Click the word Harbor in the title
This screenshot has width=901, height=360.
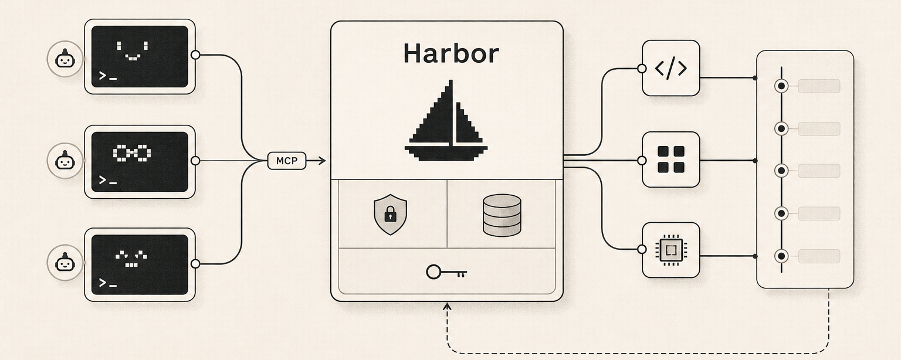(x=451, y=53)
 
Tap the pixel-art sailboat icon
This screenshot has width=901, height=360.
(x=446, y=120)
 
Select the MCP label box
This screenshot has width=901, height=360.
(x=287, y=161)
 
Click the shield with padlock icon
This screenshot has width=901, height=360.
(x=390, y=215)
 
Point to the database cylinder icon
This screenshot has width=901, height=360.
(x=502, y=215)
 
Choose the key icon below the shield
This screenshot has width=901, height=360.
(x=446, y=272)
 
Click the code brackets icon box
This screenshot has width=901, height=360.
(x=671, y=68)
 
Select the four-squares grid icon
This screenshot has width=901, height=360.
(x=671, y=159)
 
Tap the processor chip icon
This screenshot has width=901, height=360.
(x=671, y=250)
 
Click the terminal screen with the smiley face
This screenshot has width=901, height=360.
(x=140, y=57)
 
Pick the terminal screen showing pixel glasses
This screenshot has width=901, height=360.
(x=140, y=162)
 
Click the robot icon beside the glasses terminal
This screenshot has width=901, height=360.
(x=65, y=161)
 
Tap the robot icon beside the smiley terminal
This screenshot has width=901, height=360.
(x=65, y=59)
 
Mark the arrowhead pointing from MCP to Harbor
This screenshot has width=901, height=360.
(x=321, y=161)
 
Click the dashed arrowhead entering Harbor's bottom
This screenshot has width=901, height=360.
(x=447, y=307)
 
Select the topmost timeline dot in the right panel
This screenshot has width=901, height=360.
(x=781, y=86)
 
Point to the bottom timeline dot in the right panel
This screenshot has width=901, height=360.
(x=781, y=256)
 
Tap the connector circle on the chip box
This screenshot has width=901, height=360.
(x=642, y=249)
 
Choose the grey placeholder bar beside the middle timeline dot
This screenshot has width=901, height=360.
(x=819, y=171)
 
